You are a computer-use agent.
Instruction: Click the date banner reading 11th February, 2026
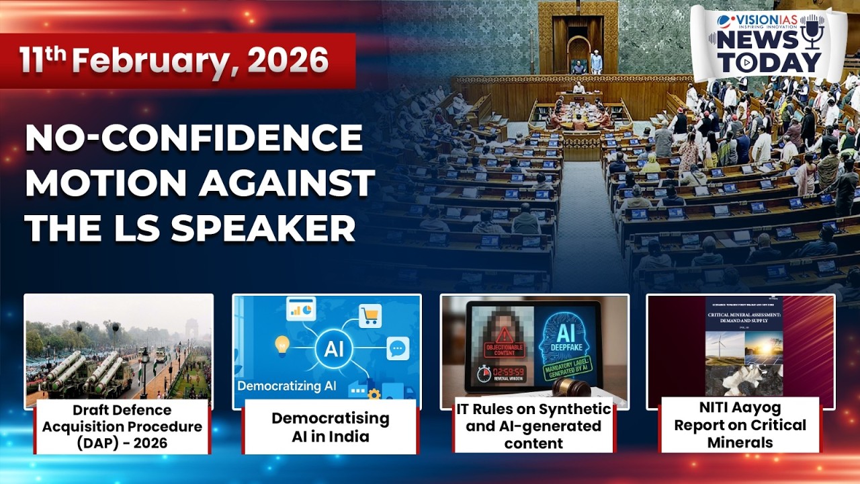(175, 61)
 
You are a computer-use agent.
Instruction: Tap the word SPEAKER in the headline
(262, 229)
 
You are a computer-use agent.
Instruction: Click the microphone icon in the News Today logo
(812, 30)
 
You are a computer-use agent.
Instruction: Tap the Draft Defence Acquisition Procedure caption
(122, 427)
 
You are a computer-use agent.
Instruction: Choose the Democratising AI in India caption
(330, 427)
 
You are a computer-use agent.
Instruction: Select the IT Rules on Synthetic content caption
(533, 426)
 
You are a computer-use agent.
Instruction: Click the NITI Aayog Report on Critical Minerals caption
(740, 425)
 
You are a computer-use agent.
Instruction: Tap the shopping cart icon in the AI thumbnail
(370, 315)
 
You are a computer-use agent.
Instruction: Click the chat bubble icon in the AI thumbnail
(398, 348)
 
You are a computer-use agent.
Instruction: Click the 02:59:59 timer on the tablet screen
(505, 372)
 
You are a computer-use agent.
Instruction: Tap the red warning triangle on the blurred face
(505, 335)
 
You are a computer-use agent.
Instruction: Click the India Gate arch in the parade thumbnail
(191, 328)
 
